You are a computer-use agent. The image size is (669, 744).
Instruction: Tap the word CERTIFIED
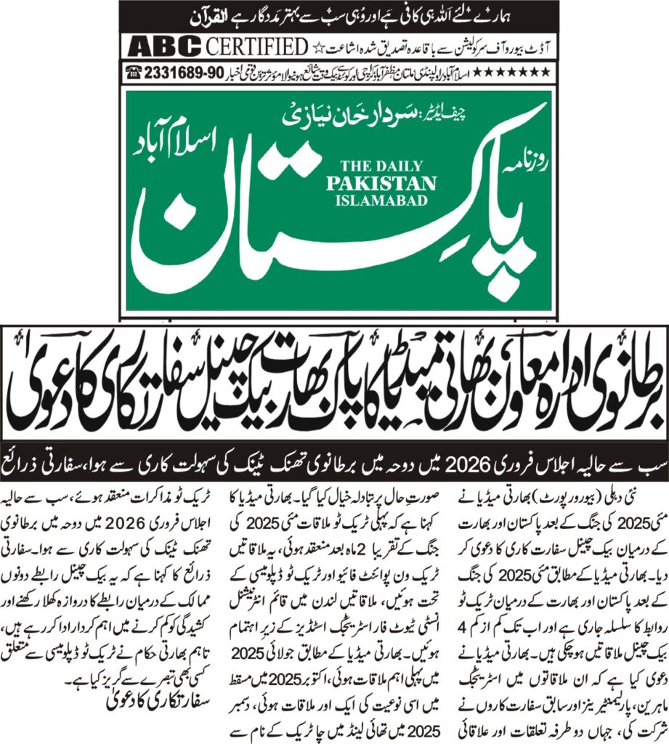click(256, 47)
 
